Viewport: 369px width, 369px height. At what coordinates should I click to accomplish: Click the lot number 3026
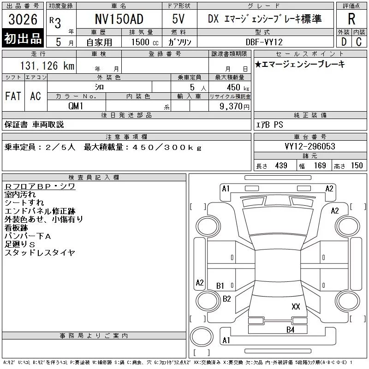tap(23, 19)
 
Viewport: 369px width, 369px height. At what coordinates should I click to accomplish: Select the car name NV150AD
tap(119, 19)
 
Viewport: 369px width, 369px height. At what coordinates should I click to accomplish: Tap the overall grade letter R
tap(351, 19)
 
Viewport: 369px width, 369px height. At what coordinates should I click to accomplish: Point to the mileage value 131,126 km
tap(47, 65)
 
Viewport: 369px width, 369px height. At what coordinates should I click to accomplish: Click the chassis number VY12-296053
tap(310, 146)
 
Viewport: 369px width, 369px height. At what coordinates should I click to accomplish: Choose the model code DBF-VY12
tap(264, 42)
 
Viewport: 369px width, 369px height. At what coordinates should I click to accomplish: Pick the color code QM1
tap(76, 106)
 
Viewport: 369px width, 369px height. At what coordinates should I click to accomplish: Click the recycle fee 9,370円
tap(234, 107)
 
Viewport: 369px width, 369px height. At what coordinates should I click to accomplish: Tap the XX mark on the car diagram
tap(296, 306)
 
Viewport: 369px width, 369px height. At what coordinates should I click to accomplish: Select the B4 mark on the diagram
tap(291, 330)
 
